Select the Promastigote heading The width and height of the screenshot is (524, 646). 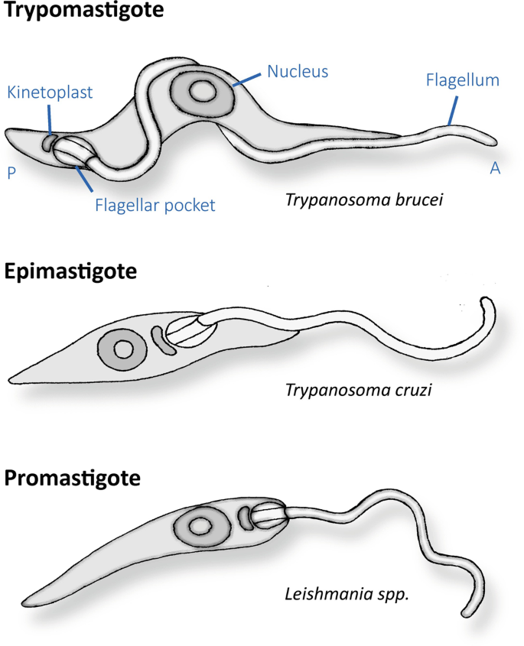tap(73, 479)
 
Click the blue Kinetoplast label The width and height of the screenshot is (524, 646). tap(50, 93)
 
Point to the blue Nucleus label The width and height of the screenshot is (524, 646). tap(298, 72)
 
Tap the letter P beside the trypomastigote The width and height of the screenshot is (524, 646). tap(11, 173)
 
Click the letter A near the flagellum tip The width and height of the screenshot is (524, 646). tap(495, 169)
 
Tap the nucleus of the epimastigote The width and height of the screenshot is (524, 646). tap(122, 349)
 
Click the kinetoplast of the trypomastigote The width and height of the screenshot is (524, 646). tap(50, 141)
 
